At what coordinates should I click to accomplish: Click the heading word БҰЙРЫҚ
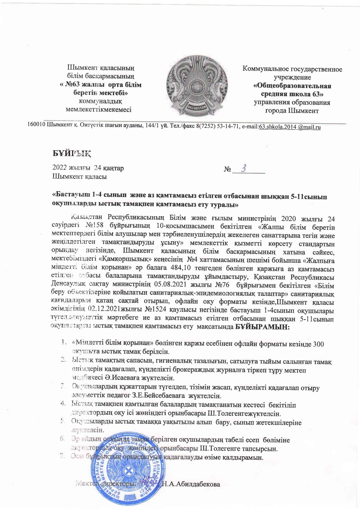tap(71, 153)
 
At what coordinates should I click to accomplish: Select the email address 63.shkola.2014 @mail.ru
tap(289, 127)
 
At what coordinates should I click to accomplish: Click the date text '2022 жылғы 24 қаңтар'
tap(88, 168)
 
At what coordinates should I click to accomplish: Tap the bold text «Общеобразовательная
tap(292, 86)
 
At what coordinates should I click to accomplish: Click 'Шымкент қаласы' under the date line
tap(80, 176)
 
